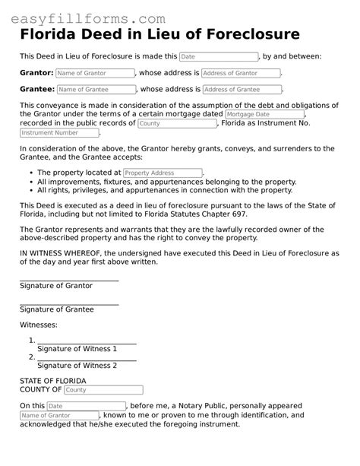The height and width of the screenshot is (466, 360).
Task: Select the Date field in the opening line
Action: (x=219, y=57)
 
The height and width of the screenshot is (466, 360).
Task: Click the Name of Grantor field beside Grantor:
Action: (x=95, y=74)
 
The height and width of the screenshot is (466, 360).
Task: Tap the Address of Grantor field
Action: (x=241, y=74)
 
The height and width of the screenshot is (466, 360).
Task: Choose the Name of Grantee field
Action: (x=96, y=90)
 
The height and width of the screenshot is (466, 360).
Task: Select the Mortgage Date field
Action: (x=263, y=114)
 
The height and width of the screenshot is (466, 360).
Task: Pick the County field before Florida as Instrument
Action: (x=177, y=123)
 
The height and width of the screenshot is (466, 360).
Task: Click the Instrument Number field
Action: (x=59, y=133)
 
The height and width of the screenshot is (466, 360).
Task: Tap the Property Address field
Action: (x=163, y=173)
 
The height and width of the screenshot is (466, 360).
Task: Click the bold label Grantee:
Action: (x=36, y=90)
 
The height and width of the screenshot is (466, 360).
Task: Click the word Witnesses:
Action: (x=38, y=325)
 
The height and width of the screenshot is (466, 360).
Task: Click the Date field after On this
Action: (x=86, y=407)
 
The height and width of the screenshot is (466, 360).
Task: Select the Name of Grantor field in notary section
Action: (x=59, y=416)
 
